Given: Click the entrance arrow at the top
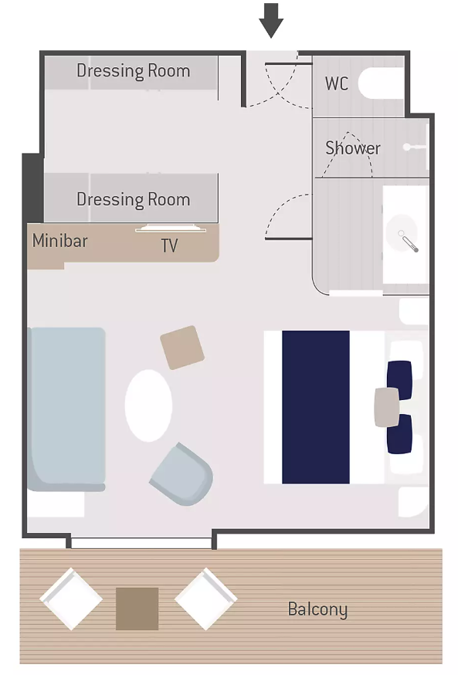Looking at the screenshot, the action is pos(271,20).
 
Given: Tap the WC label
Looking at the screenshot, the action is pos(337,83).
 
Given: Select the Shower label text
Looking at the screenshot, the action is pos(353,148).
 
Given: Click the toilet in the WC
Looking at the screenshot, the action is pos(382,83).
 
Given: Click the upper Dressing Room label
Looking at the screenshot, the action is pos(134,71).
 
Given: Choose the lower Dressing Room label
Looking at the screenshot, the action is pos(134,200).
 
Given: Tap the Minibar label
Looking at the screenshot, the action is pos(59,241).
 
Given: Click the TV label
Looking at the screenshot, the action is pos(169,246).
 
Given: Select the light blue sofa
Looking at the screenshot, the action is pos(66,409).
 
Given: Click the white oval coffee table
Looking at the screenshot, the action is pos(148,405).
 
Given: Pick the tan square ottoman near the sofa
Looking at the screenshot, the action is pos(182,348).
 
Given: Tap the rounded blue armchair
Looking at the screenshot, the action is pos(182,474).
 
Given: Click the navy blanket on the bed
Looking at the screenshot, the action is pos(316,407).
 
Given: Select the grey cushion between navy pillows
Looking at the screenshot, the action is pos(386,407).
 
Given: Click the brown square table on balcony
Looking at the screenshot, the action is pos(137,609).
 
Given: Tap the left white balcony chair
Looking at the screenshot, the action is pos(71,599).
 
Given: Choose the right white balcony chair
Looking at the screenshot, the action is pos(205,599).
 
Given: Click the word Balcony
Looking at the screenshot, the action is pos(317,609).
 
